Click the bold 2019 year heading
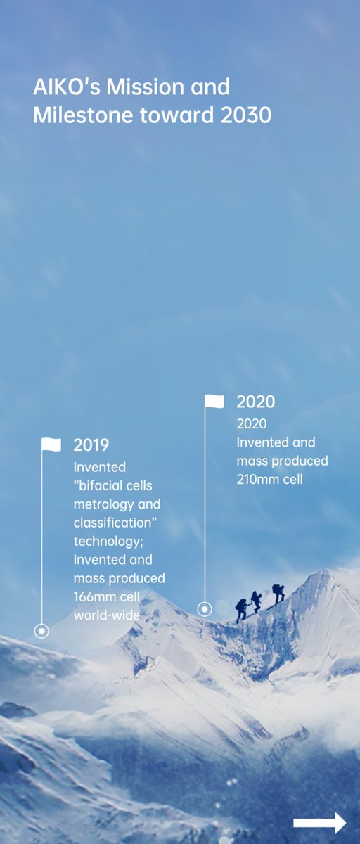91,445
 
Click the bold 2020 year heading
255,402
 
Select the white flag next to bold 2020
214,401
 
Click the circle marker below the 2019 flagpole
42,631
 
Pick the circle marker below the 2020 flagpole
205,608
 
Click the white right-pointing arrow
320,823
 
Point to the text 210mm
258,480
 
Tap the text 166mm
95,596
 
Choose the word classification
112,523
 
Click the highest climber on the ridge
278,593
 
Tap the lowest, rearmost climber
242,609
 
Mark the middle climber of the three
257,601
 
